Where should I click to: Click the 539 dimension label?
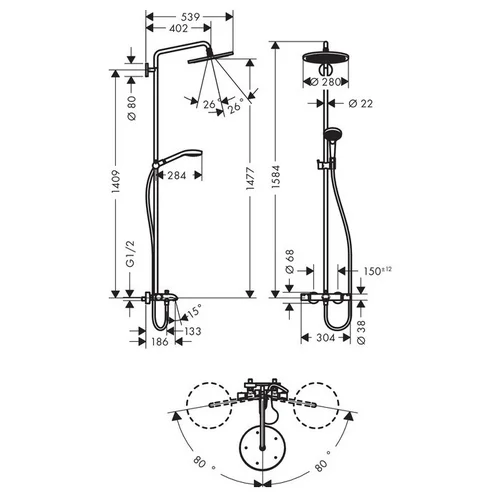(x=190, y=17)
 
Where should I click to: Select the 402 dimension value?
(x=179, y=29)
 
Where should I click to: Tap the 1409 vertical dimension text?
(x=115, y=181)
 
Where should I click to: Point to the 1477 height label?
(x=250, y=179)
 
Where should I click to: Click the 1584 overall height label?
(x=276, y=177)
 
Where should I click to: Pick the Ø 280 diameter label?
(x=325, y=82)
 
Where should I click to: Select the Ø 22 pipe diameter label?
(x=360, y=104)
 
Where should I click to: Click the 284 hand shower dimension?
(x=177, y=175)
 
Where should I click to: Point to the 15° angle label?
(x=194, y=310)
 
